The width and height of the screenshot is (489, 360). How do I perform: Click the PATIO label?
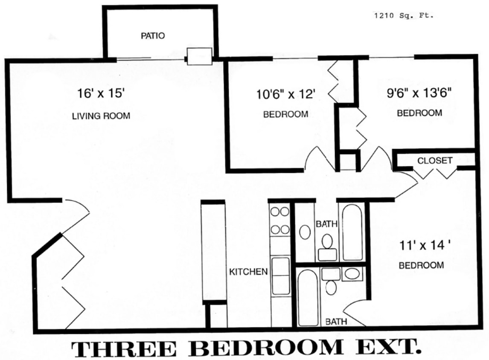pos(153,36)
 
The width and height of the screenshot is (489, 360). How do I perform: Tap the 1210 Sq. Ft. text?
pos(404,16)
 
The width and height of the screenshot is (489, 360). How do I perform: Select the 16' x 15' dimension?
pos(101,93)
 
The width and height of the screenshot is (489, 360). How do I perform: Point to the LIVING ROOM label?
pos(101,116)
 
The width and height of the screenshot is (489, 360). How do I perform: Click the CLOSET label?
pos(434,161)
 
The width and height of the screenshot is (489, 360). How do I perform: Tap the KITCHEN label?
pos(248,272)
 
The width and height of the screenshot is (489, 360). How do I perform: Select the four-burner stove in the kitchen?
pos(280,220)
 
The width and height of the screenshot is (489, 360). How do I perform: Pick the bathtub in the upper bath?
pos(352,232)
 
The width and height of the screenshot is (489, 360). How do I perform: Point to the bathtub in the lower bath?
pos(307,297)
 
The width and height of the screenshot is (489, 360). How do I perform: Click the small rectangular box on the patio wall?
pos(200,56)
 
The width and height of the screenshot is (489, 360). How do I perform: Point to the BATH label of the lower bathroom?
pos(336,322)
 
